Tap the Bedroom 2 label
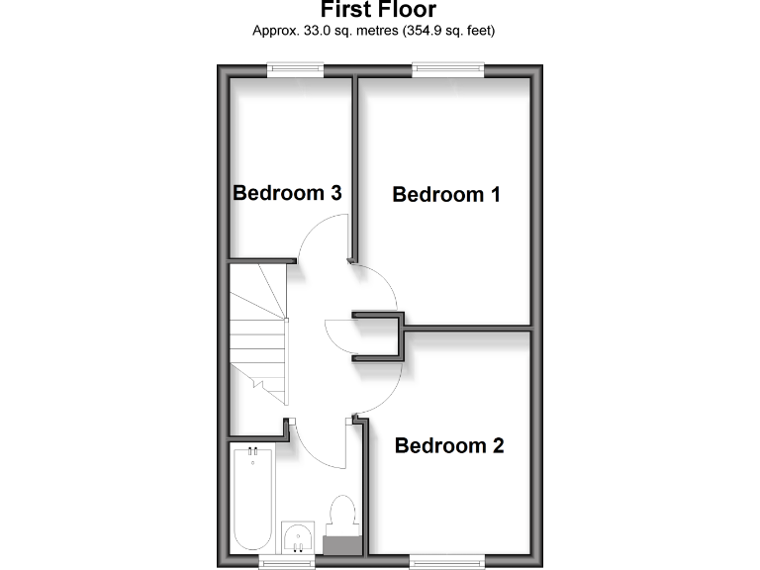pyautogui.click(x=449, y=445)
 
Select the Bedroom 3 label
pyautogui.click(x=287, y=192)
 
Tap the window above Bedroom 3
pyautogui.click(x=295, y=68)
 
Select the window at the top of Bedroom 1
pyautogui.click(x=448, y=68)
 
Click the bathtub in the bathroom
pyautogui.click(x=252, y=500)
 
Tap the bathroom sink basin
pyautogui.click(x=297, y=538)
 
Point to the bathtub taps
pyautogui.click(x=252, y=453)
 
